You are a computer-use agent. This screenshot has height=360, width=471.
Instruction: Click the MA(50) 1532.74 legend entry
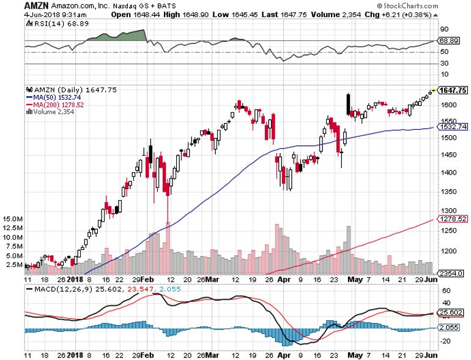[51, 97]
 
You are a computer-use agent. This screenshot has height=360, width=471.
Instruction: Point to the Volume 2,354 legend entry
[48, 111]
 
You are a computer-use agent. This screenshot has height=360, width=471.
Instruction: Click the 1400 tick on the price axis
[448, 172]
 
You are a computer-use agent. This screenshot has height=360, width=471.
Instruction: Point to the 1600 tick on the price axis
[448, 105]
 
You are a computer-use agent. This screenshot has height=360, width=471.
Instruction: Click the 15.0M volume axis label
[12, 219]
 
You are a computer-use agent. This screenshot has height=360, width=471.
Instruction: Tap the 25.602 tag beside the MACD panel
[451, 312]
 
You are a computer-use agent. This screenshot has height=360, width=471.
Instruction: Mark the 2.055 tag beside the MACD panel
[450, 329]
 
